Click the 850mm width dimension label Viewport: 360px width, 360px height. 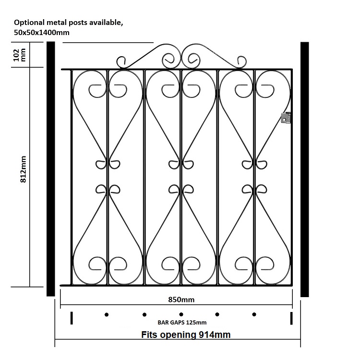tap(181, 300)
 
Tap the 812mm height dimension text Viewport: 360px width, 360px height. tap(24, 169)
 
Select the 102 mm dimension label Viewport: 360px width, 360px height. tap(20, 55)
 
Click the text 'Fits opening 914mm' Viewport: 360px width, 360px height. tap(186, 335)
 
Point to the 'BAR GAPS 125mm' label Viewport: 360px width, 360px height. tap(182, 323)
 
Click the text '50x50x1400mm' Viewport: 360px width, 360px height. tap(42, 33)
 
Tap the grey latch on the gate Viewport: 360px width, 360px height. tap(286, 118)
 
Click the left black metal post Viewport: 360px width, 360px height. tap(51, 169)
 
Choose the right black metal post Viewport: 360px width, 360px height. tap(305, 169)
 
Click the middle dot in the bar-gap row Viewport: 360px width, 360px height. tap(181, 314)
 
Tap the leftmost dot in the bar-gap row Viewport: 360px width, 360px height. tap(107, 314)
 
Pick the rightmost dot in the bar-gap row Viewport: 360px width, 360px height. tap(254, 314)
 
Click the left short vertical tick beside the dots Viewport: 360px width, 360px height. tap(72, 318)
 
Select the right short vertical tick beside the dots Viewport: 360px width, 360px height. tap(291, 318)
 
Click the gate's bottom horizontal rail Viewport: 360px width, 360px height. tap(176, 286)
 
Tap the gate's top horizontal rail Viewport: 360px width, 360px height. tap(177, 69)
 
